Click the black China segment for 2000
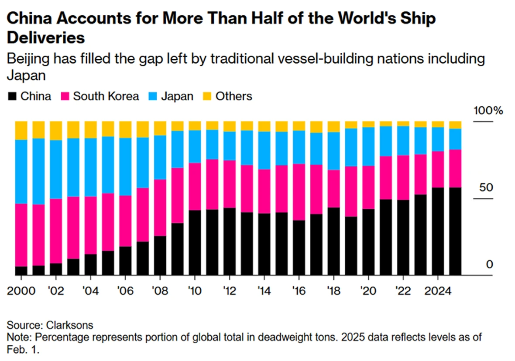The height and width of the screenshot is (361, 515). click(21, 270)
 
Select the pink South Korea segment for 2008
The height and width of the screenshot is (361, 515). click(160, 208)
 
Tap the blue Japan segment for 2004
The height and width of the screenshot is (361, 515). click(90, 167)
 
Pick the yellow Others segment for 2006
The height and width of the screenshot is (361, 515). click(125, 129)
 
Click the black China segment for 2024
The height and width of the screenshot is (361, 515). click(438, 231)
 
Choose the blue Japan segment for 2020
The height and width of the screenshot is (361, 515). click(368, 146)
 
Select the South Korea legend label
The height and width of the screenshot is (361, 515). click(106, 96)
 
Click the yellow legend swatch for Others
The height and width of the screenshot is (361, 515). click(207, 96)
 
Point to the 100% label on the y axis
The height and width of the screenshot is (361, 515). click(488, 110)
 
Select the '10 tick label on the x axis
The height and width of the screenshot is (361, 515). click(195, 291)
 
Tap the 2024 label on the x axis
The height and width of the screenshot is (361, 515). click(437, 291)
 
